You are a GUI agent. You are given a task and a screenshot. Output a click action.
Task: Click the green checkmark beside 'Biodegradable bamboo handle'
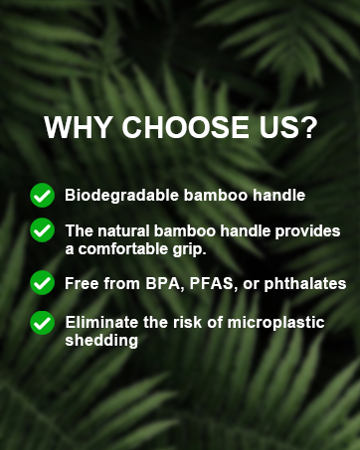42,194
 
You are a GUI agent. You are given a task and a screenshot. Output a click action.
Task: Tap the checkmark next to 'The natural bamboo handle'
42,229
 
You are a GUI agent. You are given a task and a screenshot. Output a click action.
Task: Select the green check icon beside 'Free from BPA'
42,283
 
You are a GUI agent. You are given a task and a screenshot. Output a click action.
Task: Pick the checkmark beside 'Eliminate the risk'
42,322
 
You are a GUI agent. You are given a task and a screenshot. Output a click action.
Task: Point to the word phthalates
303,284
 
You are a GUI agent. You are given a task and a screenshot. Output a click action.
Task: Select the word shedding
100,340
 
